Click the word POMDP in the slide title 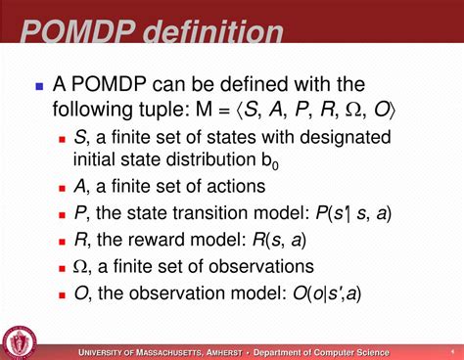[77, 32]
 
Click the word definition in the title [213, 32]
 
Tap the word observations [263, 266]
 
